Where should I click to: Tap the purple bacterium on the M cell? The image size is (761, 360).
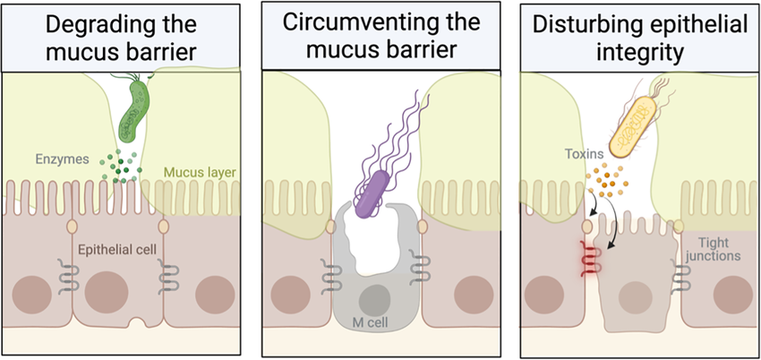click(x=372, y=191)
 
